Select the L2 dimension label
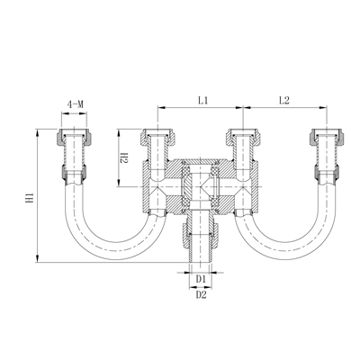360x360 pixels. coord(283,101)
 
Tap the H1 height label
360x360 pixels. coord(30,195)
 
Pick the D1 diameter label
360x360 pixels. coord(201,280)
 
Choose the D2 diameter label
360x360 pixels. coord(201,294)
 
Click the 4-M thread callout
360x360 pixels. coord(76,106)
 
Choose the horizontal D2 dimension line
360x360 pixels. coord(201,287)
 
